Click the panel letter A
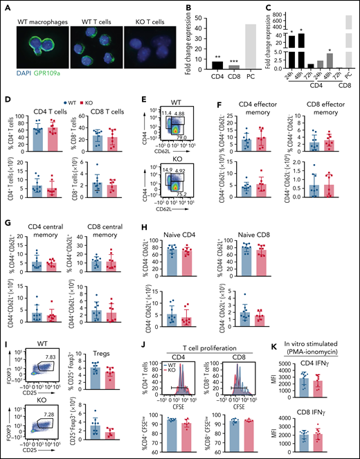(6, 6)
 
